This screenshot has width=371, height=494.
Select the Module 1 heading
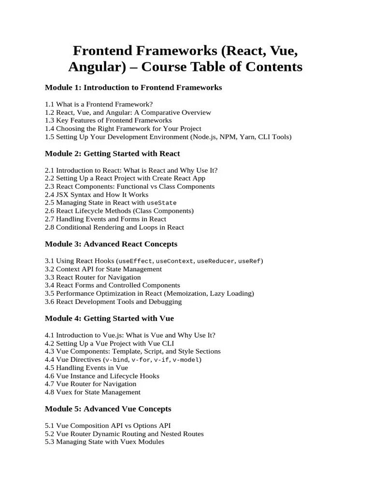tap(133, 87)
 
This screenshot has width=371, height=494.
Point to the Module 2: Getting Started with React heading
tap(112, 153)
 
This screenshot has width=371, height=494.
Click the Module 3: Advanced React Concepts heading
tap(111, 244)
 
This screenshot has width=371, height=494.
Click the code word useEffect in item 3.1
tap(137, 261)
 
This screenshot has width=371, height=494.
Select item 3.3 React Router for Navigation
tap(93, 277)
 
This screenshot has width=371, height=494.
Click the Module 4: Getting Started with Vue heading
tap(109, 318)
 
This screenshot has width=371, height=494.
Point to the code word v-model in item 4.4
tap(186, 360)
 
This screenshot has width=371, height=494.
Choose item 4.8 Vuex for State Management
tap(93, 392)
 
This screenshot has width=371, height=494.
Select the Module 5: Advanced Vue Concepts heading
tap(108, 409)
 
